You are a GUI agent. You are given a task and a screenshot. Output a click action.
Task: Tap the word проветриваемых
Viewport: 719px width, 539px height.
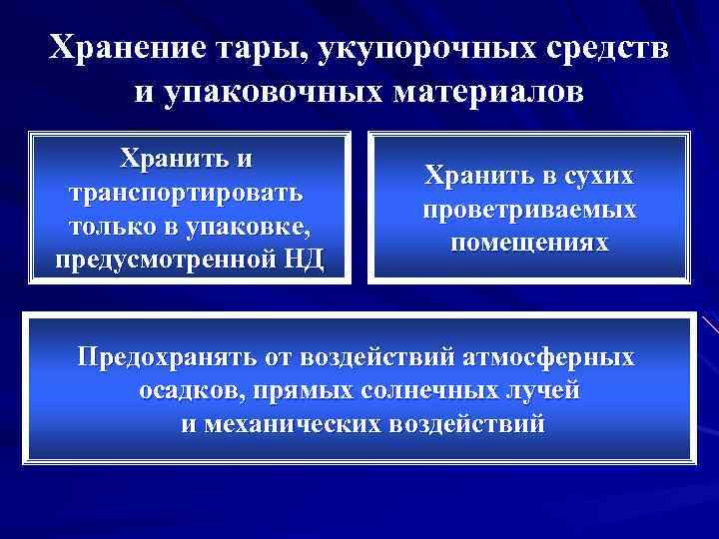click(529, 211)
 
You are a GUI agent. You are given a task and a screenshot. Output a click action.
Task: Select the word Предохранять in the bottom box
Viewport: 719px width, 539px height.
click(167, 357)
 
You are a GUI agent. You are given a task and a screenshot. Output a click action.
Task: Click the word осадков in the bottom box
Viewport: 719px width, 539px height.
click(187, 391)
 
